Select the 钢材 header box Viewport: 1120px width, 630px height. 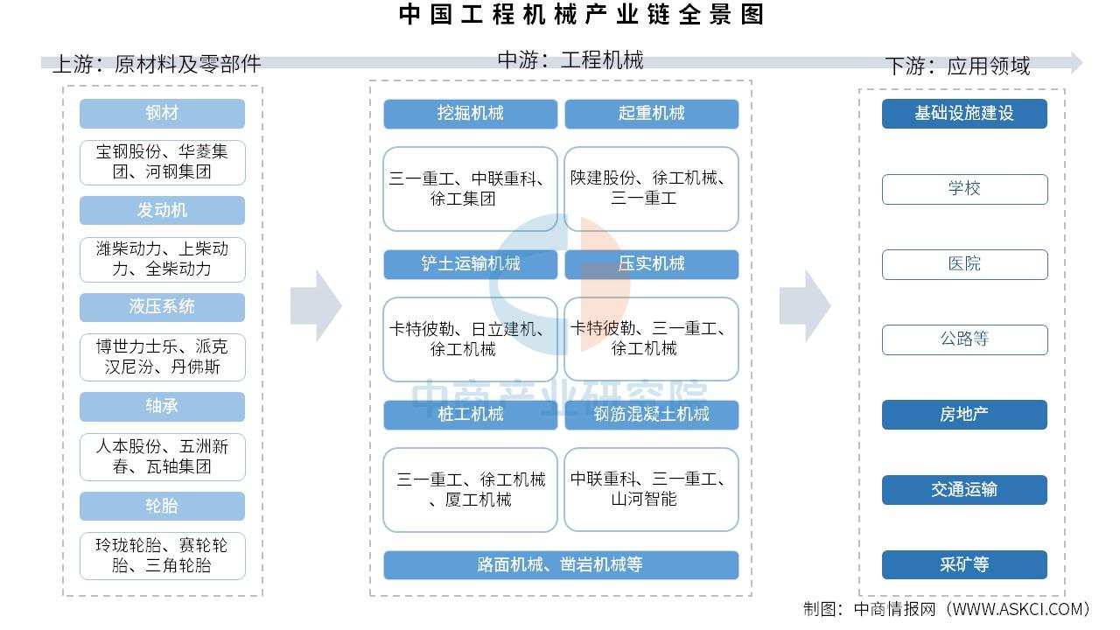click(x=162, y=114)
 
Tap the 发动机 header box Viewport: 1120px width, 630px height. click(x=162, y=211)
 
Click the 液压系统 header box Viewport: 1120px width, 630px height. click(x=162, y=307)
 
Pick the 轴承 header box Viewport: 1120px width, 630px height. click(x=162, y=406)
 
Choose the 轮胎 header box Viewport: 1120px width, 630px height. click(x=162, y=506)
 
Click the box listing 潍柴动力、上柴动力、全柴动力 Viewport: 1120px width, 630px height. click(x=162, y=259)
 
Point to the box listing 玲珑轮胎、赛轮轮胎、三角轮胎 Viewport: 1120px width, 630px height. click(x=162, y=556)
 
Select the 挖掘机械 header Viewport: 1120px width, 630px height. click(x=470, y=114)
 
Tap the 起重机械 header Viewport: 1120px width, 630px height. click(x=651, y=114)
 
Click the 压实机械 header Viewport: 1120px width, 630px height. click(x=651, y=264)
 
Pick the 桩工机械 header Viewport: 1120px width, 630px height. click(x=470, y=415)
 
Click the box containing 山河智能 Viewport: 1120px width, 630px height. click(x=651, y=490)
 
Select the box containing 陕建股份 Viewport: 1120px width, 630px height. click(x=651, y=189)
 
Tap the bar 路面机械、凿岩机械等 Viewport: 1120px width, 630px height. click(x=560, y=565)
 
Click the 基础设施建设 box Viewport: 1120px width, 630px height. click(x=964, y=114)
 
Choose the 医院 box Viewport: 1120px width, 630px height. click(x=964, y=264)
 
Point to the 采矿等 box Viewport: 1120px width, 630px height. click(x=964, y=565)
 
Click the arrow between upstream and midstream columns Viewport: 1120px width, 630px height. click(x=316, y=305)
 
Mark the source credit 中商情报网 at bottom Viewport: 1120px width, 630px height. click(x=947, y=609)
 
